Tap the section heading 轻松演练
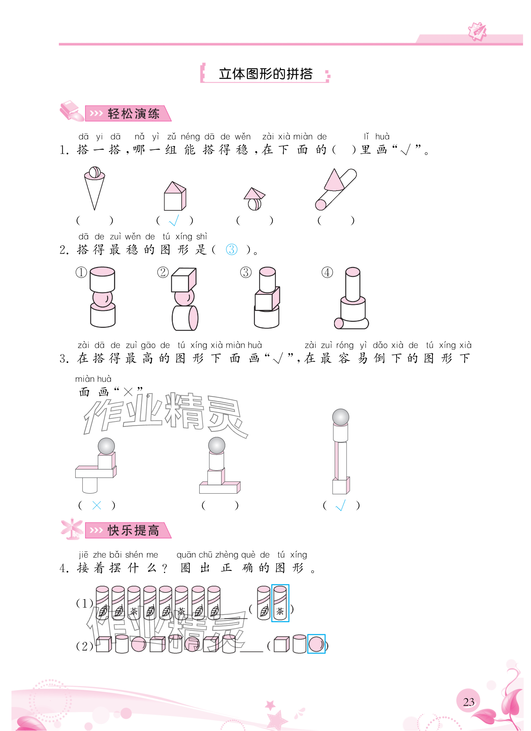pyautogui.click(x=133, y=114)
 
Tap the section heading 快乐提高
pyautogui.click(x=133, y=530)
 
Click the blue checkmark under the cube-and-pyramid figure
pyautogui.click(x=174, y=221)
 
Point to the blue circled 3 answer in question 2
pyautogui.click(x=232, y=250)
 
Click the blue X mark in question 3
pyautogui.click(x=97, y=505)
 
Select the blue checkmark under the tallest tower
pyautogui.click(x=340, y=505)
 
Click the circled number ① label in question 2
pyautogui.click(x=81, y=272)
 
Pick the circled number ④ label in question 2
pyautogui.click(x=327, y=272)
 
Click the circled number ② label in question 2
pyautogui.click(x=163, y=272)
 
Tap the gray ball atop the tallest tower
pyautogui.click(x=340, y=417)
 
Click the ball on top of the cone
pyautogui.click(x=95, y=172)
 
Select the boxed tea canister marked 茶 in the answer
pyautogui.click(x=280, y=603)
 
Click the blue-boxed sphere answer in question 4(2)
pyautogui.click(x=316, y=644)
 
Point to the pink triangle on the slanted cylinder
pyautogui.click(x=334, y=180)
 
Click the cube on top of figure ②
pyautogui.click(x=184, y=280)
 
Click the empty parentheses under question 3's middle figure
pyautogui.click(x=220, y=505)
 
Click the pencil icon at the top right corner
pyautogui.click(x=477, y=31)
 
